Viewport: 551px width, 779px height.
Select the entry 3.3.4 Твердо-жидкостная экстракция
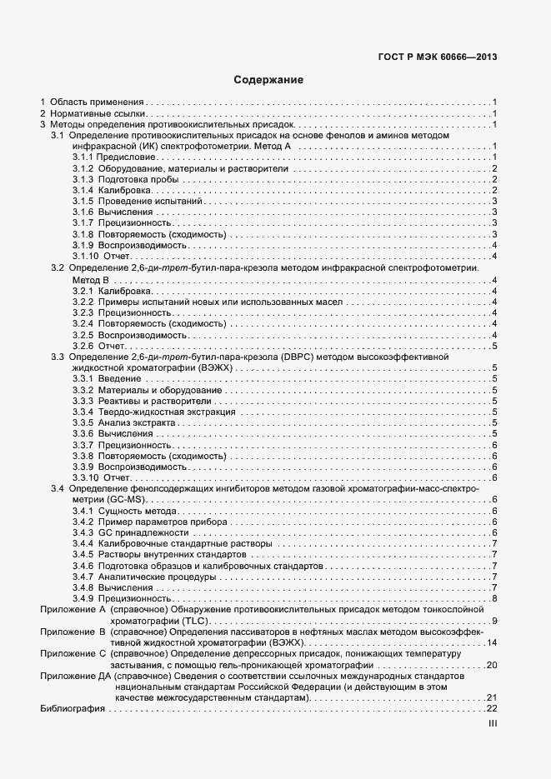[x=154, y=412]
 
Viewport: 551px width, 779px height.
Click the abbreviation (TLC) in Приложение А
[x=198, y=621]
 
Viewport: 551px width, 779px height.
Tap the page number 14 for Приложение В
[x=491, y=642]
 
